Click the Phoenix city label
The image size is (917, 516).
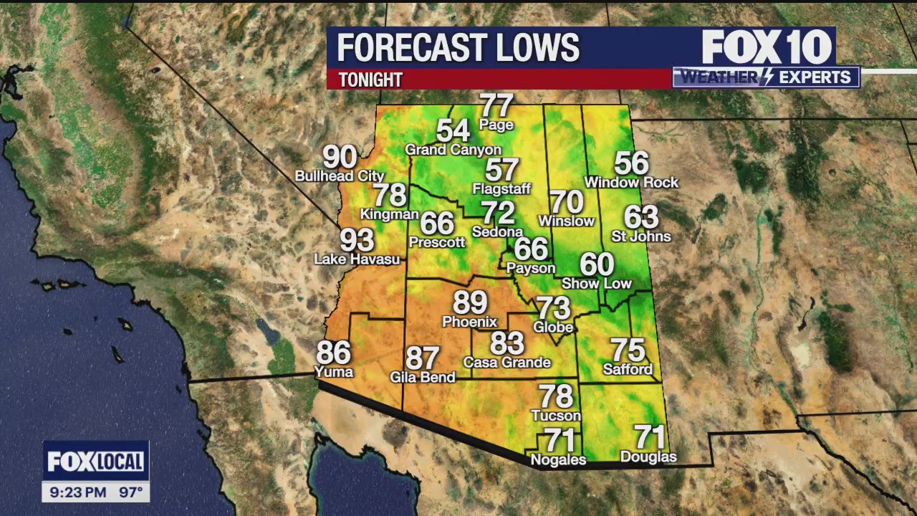[x=469, y=322]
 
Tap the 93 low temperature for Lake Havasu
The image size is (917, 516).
[x=357, y=240]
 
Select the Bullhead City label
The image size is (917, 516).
[x=340, y=176]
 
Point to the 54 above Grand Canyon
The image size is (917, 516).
[x=453, y=131]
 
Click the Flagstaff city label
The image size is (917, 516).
[x=501, y=189]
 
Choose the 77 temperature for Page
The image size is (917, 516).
[x=496, y=105]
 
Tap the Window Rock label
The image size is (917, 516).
[x=631, y=183]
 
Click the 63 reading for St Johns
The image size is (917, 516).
[x=641, y=216]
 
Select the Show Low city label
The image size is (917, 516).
[x=597, y=284]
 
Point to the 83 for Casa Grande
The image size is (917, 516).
[x=507, y=343]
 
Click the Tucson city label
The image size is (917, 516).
[x=556, y=416]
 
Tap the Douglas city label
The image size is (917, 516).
[x=648, y=457]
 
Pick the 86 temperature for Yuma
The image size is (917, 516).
[x=334, y=353]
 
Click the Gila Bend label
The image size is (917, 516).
[x=423, y=377]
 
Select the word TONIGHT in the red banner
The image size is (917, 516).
[x=370, y=80]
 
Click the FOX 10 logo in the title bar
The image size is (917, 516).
[x=766, y=48]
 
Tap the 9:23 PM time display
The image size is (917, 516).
[x=78, y=492]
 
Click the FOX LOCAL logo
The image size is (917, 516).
[x=95, y=462]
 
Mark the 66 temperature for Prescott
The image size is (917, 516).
[x=437, y=223]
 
